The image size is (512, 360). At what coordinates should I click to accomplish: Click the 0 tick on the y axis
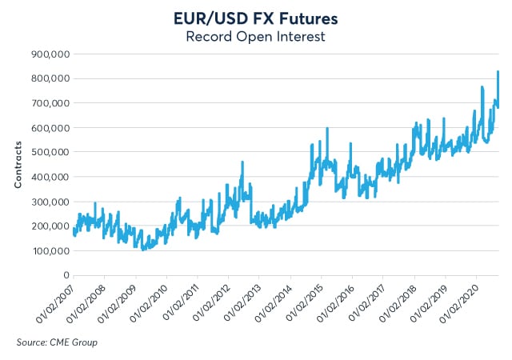point(64,275)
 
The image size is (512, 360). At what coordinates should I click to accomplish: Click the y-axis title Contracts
point(18,165)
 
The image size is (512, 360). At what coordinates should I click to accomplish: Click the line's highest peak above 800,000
point(498,72)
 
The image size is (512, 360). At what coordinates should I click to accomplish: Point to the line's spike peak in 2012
point(242,162)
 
